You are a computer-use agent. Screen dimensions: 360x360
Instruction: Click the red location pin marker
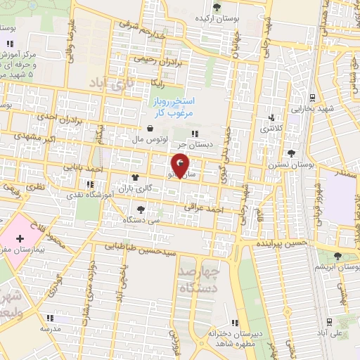pyautogui.click(x=181, y=165)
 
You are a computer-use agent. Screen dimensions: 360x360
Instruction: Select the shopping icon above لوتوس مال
pyautogui.click(x=150, y=129)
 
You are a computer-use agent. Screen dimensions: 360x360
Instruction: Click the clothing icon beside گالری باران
pyautogui.click(x=134, y=178)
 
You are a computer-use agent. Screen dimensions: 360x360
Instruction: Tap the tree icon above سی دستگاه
pyautogui.click(x=141, y=209)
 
